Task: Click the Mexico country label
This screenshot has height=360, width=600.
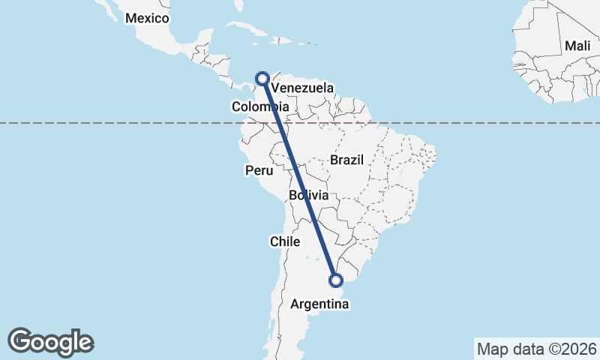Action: (147, 19)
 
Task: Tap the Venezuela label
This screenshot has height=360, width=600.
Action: (302, 88)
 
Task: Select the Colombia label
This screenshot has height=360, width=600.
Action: (260, 107)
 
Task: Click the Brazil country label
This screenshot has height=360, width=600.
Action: (346, 160)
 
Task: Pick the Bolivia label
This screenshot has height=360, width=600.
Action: (309, 196)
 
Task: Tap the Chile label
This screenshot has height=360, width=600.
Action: (285, 241)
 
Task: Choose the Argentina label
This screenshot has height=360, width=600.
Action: (317, 304)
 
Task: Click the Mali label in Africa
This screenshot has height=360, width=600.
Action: (577, 46)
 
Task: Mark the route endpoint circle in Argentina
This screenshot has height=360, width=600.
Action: (336, 280)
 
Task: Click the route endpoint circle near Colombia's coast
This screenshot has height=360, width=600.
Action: (262, 77)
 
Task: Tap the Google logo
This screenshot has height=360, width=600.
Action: (50, 342)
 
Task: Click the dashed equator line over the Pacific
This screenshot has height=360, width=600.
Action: (112, 122)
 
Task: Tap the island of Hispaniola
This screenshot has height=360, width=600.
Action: (283, 40)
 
